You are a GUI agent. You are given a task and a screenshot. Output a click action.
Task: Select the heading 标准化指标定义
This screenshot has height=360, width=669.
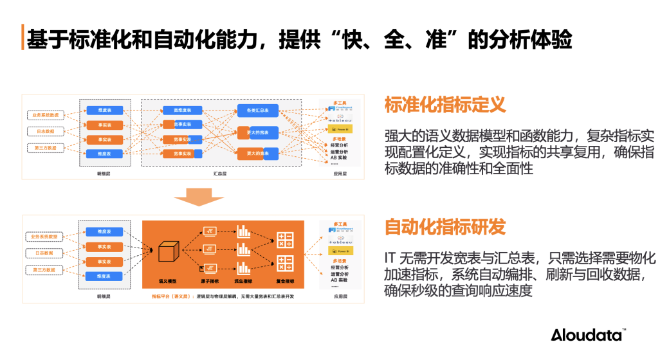pyautogui.click(x=445, y=105)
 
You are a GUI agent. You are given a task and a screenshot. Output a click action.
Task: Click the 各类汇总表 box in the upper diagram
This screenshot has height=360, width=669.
pyautogui.click(x=257, y=111)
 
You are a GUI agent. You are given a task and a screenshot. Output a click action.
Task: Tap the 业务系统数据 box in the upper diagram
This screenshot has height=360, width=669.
pyautogui.click(x=46, y=115)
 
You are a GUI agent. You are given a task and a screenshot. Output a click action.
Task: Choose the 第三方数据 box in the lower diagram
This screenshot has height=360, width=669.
pyautogui.click(x=46, y=269)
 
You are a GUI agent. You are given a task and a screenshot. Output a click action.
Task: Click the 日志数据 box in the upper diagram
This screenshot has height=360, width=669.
pyautogui.click(x=46, y=132)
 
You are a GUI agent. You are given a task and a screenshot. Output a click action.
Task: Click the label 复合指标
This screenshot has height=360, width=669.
pyautogui.click(x=284, y=282)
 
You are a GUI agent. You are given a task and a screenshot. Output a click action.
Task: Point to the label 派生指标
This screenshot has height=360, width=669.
pyautogui.click(x=244, y=282)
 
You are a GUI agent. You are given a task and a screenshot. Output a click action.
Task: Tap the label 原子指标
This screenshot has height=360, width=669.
pyautogui.click(x=210, y=282)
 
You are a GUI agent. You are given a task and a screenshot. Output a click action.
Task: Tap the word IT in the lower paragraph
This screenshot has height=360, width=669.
pyautogui.click(x=390, y=258)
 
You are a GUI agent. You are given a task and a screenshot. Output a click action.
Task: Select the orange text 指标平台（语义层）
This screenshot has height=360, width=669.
pyautogui.click(x=172, y=297)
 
